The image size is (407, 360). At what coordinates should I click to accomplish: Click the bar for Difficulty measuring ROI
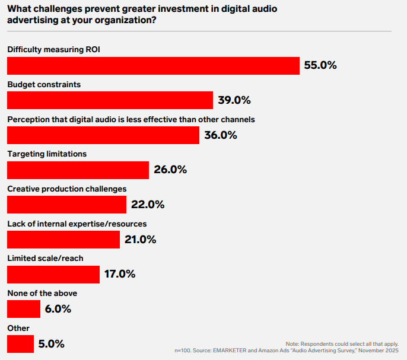[x=153, y=66]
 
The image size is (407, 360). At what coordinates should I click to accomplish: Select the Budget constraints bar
[x=110, y=100]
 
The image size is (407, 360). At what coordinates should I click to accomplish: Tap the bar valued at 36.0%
[x=103, y=135]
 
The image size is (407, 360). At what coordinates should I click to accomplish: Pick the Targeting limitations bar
[x=78, y=170]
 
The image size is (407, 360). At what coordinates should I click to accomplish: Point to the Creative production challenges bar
[x=66, y=205]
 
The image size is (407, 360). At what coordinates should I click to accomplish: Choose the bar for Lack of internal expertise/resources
[x=63, y=240]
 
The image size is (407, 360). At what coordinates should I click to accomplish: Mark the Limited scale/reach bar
[x=53, y=274]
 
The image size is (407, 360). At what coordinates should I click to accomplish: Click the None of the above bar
[x=24, y=309]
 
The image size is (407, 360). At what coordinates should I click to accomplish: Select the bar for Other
[x=20, y=344]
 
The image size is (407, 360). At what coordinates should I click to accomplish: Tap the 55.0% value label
[x=320, y=66]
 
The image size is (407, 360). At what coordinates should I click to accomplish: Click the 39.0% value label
[x=234, y=100]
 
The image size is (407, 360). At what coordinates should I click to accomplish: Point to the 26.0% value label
[x=170, y=170]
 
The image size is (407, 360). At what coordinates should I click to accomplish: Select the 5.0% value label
[x=51, y=344]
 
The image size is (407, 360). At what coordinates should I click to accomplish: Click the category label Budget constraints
[x=44, y=84]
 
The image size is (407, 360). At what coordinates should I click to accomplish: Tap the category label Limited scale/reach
[x=45, y=259]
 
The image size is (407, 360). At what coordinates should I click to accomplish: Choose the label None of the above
[x=42, y=293]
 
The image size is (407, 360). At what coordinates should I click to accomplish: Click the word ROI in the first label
[x=91, y=49]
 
